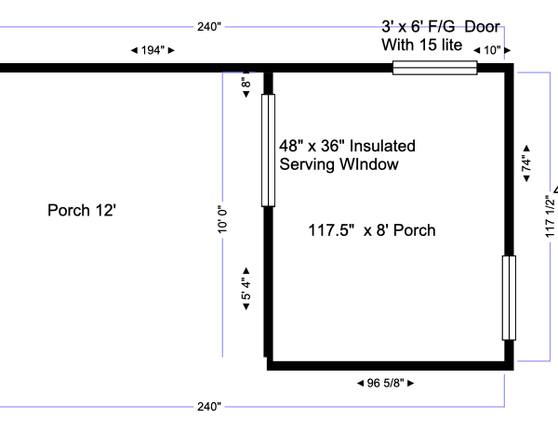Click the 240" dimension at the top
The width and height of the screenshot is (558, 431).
coord(209,27)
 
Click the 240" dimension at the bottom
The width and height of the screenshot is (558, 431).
coord(209,407)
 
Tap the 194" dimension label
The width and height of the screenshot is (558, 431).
coord(153,50)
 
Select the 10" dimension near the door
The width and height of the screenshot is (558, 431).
coord(492,50)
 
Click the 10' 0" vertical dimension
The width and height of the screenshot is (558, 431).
coord(222,219)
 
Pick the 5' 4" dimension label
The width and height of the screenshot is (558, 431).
coord(246,289)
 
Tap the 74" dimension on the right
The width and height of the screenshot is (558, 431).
coord(526,163)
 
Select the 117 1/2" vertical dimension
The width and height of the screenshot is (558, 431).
coord(550,216)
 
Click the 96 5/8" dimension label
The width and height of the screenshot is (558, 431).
coord(385,383)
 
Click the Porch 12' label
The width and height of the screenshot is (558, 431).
coord(82,210)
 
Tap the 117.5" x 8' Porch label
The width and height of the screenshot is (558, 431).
coord(372,230)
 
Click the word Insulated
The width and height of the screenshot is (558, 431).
coord(382,146)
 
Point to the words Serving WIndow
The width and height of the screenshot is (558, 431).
coord(339,164)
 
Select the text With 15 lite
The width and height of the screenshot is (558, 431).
coord(422,45)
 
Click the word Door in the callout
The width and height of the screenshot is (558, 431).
coord(482,27)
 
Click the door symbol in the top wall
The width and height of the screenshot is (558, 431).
coord(435,68)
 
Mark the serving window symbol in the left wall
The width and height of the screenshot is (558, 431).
coord(269,150)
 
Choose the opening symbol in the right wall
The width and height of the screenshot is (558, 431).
coord(509,298)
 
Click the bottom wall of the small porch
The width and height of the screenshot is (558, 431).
coord(390,366)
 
